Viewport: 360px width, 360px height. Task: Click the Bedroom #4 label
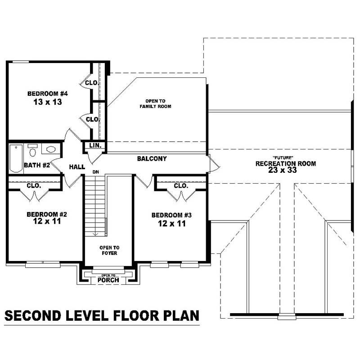(x=47, y=94)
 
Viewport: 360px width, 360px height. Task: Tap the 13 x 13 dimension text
(x=47, y=102)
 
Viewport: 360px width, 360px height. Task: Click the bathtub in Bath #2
(x=16, y=158)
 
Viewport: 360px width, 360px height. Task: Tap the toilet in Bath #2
(x=32, y=149)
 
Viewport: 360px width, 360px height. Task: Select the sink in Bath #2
(x=50, y=149)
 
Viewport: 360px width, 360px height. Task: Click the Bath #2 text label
(x=37, y=165)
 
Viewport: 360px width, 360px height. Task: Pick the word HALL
(x=77, y=167)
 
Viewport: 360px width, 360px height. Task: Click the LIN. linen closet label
(x=95, y=146)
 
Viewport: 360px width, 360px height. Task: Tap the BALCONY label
(x=152, y=159)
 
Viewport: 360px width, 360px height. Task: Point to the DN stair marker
(x=95, y=172)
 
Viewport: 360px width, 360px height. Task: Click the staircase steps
(x=95, y=205)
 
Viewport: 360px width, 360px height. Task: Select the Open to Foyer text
(x=109, y=250)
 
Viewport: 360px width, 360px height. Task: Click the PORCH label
(x=108, y=280)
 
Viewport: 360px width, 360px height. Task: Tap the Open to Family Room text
(x=155, y=103)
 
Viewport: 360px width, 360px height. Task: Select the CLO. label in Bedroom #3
(x=180, y=185)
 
